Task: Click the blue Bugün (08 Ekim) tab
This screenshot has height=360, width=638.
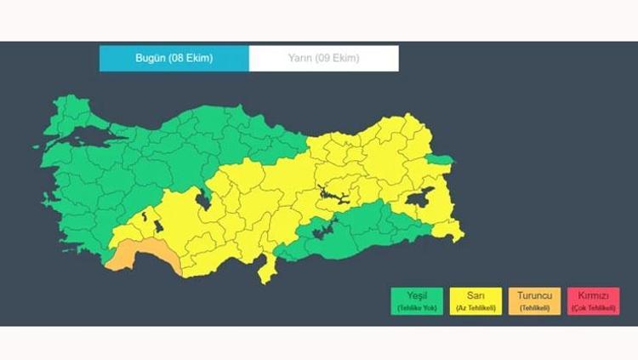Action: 174,58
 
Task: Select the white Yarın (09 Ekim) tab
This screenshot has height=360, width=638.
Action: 323,58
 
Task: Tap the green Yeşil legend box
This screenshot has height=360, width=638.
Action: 417,300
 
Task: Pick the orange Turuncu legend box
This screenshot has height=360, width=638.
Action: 534,300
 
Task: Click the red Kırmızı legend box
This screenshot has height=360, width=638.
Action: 593,300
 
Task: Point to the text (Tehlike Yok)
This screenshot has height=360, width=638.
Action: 417,307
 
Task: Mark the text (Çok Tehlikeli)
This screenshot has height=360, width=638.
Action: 593,307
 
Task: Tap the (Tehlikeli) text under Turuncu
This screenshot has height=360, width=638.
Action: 534,307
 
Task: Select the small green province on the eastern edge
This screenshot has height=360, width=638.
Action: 441,159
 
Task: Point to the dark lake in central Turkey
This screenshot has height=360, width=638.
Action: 204,199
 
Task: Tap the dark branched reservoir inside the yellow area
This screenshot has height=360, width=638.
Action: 332,197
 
